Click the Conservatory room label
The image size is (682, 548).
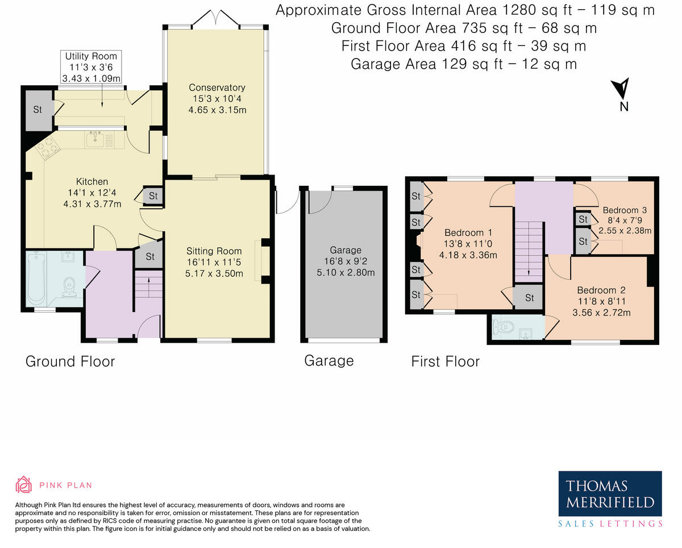(217, 88)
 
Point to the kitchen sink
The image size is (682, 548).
(95, 140)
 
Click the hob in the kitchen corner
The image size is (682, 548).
(47, 148)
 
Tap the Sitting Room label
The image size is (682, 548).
(214, 251)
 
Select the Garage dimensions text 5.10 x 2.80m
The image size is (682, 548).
(346, 272)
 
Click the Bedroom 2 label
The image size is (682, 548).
(601, 290)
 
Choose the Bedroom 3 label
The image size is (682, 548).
(625, 210)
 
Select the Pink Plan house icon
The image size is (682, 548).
(23, 484)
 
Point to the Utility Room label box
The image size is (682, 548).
(91, 67)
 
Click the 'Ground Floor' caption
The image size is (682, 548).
(70, 362)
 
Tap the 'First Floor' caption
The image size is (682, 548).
(445, 362)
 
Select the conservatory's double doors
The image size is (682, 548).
(216, 18)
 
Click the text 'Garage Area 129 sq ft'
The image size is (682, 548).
(427, 64)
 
